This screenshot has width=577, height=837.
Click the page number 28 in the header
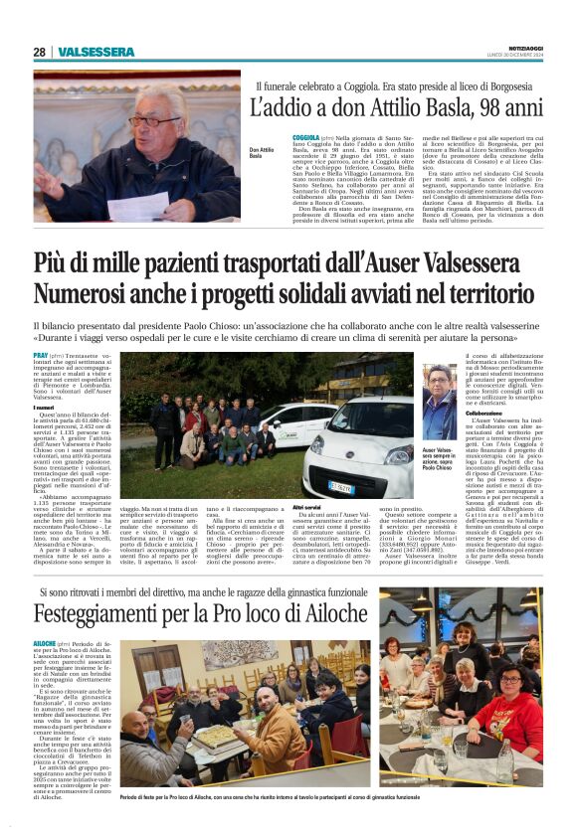click(x=39, y=52)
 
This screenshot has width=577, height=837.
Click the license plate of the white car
click(x=342, y=487)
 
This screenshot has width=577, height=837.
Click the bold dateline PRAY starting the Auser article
click(x=41, y=355)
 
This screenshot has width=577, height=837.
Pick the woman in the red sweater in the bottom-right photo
click(x=510, y=693)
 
